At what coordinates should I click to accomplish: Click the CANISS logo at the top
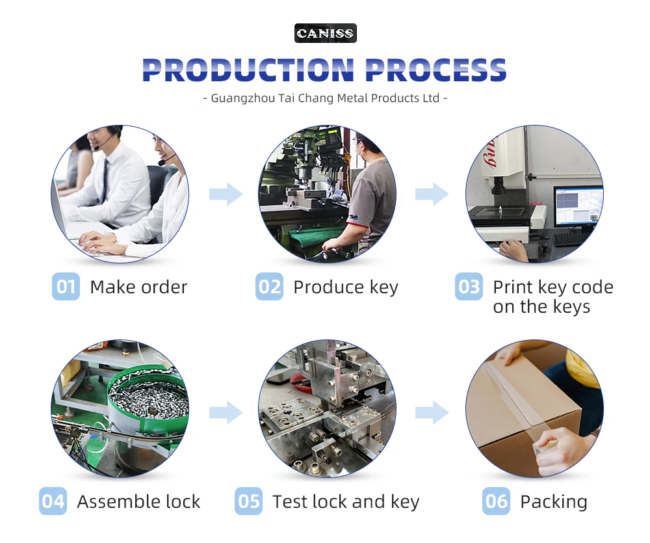pos(325,33)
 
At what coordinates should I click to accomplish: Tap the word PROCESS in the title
pos(435,70)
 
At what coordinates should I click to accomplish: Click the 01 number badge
pos(66,287)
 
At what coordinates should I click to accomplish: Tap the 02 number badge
pos(269,287)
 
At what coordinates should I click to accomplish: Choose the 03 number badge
pos(469,287)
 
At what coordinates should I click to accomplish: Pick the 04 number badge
pos(53,501)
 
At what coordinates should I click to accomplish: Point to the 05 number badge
pos(248,501)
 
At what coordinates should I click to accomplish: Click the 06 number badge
pos(497,501)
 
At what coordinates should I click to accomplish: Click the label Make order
pos(138,287)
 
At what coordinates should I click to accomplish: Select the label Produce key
pos(346,287)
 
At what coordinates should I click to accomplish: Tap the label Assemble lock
pos(138,501)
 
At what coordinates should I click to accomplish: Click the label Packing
pos(554,501)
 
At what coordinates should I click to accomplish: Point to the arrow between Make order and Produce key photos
pos(225,194)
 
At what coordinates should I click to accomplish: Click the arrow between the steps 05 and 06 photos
pos(432,411)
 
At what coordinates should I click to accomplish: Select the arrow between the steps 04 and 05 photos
pos(225,411)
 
